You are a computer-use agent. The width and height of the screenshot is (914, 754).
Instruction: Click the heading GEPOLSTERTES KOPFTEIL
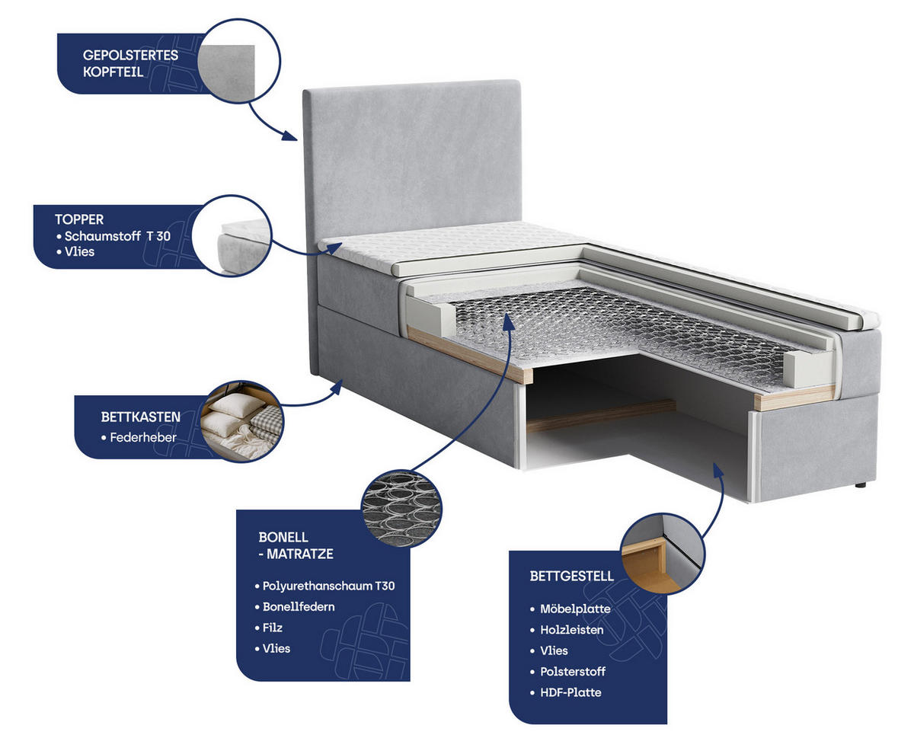point(130,64)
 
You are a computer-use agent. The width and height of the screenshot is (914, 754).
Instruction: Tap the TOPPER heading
point(78,219)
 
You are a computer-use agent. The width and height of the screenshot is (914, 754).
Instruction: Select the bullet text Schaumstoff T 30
point(117,236)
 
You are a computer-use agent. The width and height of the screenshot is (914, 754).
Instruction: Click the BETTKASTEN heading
point(140,417)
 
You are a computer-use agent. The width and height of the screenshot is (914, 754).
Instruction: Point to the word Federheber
point(143,438)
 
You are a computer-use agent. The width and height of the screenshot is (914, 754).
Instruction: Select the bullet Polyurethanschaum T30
point(328,586)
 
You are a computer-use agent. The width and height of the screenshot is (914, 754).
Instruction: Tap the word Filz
point(273,628)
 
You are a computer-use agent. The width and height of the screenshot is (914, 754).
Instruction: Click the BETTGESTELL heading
point(571,576)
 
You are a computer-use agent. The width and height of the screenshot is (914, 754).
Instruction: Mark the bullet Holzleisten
point(571,630)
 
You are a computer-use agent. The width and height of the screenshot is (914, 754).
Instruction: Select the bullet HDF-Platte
point(570,692)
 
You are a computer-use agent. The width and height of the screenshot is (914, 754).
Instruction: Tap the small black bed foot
point(860,484)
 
